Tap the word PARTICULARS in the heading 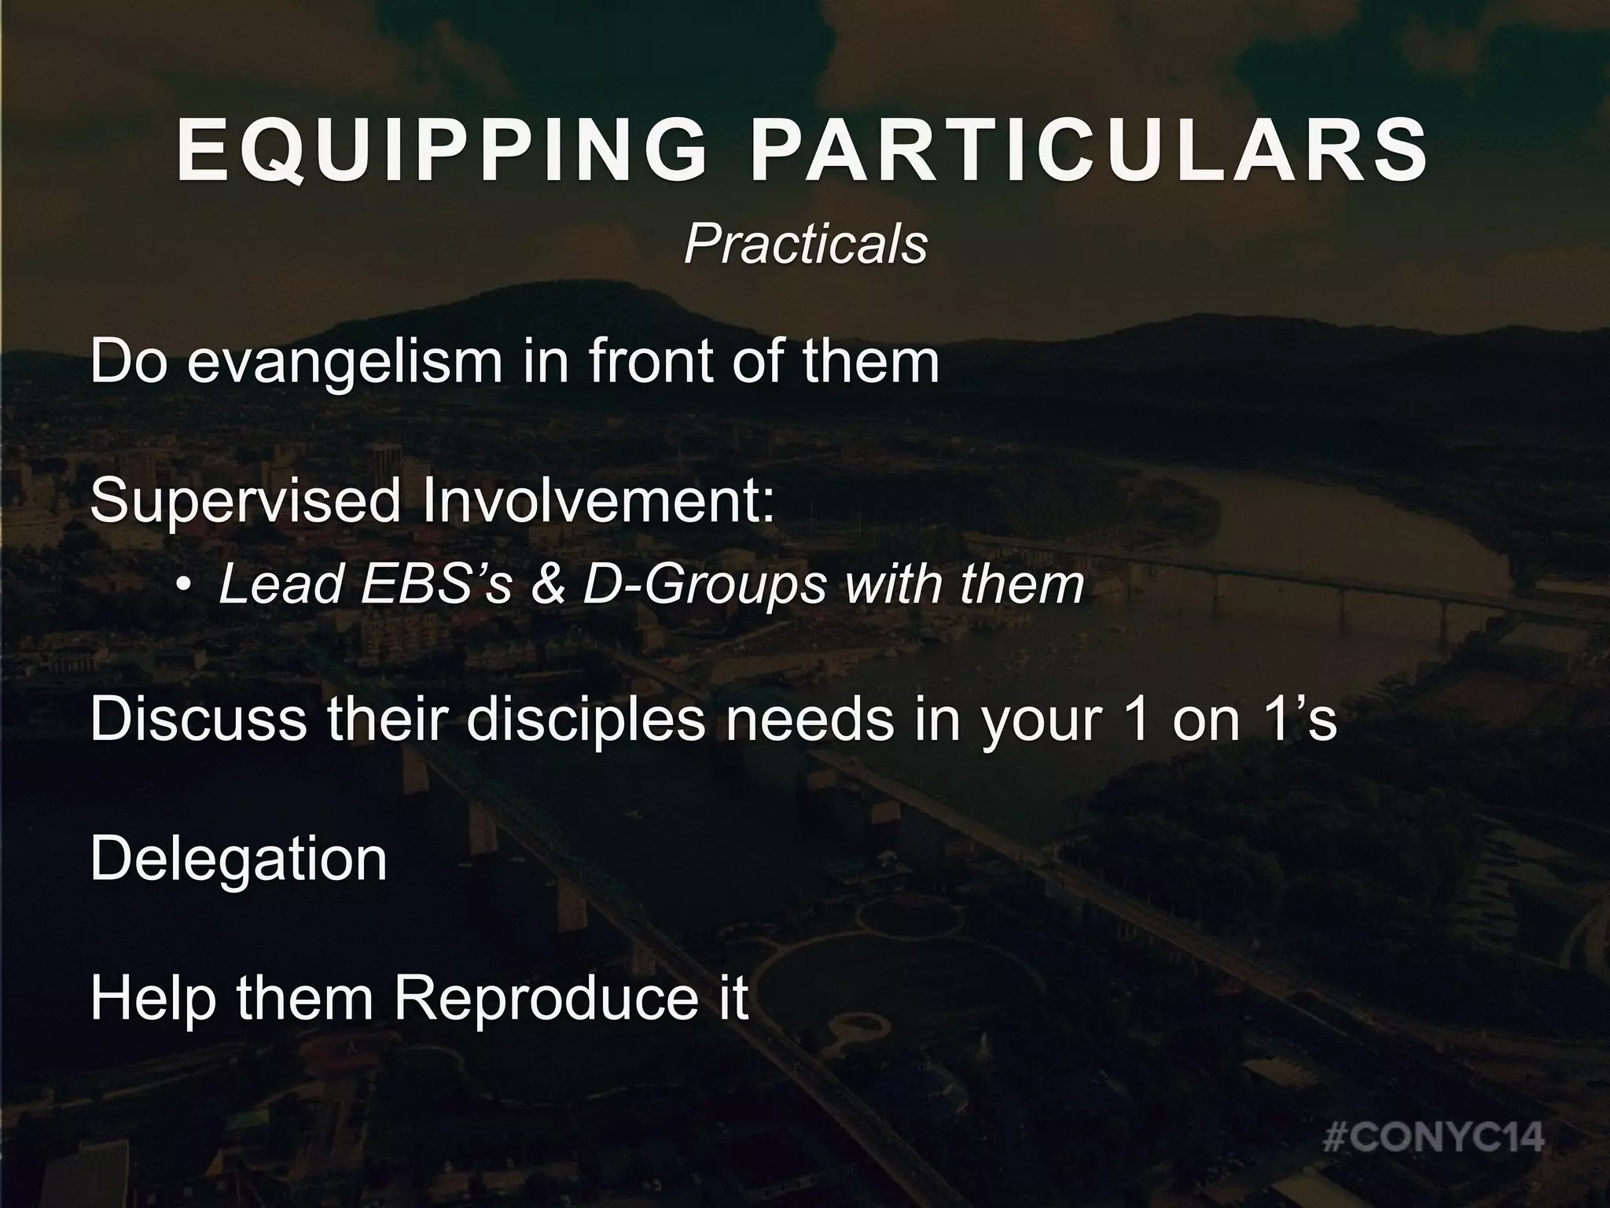(1090, 152)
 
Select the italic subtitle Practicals (805, 245)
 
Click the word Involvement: (597, 501)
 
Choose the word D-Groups (704, 586)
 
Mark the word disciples (586, 720)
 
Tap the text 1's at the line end (1296, 720)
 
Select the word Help (153, 998)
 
